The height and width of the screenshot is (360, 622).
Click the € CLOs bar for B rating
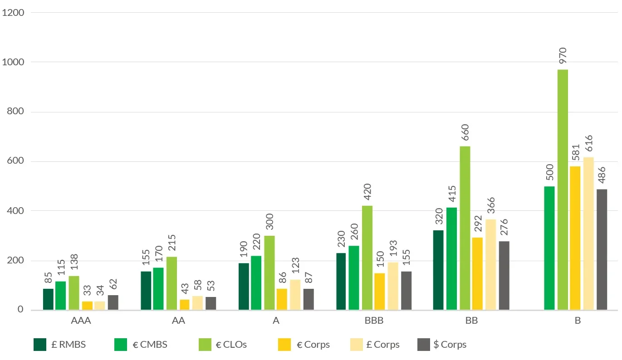click(x=563, y=190)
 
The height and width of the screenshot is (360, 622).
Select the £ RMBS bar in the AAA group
click(x=48, y=299)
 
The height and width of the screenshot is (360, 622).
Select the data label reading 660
click(x=465, y=133)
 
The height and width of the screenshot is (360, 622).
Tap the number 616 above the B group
click(x=588, y=145)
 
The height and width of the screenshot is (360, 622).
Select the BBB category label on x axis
click(x=374, y=321)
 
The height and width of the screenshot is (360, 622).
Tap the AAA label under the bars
click(x=81, y=321)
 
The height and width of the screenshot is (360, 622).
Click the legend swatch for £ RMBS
click(x=40, y=345)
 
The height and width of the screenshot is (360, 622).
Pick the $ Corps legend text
click(x=450, y=345)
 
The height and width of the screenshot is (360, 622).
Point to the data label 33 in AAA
click(x=87, y=289)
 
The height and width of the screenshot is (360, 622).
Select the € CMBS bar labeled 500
click(x=549, y=248)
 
